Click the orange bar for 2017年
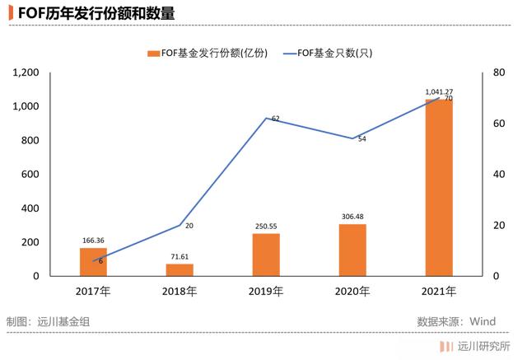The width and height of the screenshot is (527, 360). click(94, 261)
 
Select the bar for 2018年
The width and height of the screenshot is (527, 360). click(180, 269)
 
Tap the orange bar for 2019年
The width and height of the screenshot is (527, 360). click(266, 255)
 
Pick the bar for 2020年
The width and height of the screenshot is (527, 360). click(352, 250)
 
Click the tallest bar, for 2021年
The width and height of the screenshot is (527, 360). click(438, 188)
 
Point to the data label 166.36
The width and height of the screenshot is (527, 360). click(94, 241)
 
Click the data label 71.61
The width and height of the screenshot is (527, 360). click(180, 257)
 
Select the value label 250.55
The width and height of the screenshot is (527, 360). click(266, 227)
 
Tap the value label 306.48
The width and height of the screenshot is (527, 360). click(352, 217)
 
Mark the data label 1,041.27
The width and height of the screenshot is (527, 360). click(439, 91)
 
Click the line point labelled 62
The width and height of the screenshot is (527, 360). click(266, 118)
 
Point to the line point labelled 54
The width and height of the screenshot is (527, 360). click(352, 138)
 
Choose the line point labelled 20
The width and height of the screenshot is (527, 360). click(180, 225)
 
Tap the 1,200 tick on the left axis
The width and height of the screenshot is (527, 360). click(27, 72)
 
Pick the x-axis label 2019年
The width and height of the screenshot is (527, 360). click(266, 291)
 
